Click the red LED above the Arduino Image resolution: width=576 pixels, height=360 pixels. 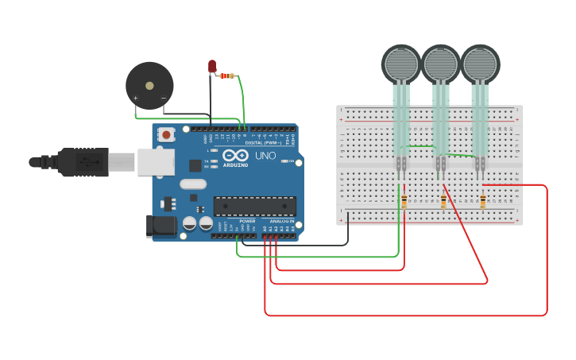pyautogui.click(x=212, y=67)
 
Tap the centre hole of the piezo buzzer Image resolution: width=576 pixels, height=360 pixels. pyautogui.click(x=149, y=84)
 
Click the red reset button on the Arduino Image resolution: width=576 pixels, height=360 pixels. pyautogui.click(x=166, y=135)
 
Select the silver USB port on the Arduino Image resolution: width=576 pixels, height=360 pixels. pyautogui.click(x=155, y=162)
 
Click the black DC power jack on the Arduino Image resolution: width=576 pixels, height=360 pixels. pyautogui.click(x=161, y=226)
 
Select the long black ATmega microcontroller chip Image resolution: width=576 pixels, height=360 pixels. pyautogui.click(x=254, y=207)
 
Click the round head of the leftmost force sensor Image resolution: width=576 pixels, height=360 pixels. pyautogui.click(x=401, y=64)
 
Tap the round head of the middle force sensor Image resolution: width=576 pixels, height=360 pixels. pyautogui.click(x=440, y=64)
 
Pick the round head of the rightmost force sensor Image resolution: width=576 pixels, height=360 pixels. pyautogui.click(x=480, y=64)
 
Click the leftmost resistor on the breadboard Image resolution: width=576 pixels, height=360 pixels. pyautogui.click(x=404, y=202)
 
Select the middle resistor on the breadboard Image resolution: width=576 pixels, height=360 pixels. pyautogui.click(x=443, y=202)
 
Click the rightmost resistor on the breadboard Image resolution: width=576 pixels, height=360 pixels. pyautogui.click(x=482, y=202)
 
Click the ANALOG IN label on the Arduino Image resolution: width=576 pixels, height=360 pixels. pyautogui.click(x=279, y=221)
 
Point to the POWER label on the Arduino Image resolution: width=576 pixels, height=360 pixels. pyautogui.click(x=247, y=221)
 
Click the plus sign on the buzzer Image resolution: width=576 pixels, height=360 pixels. pyautogui.click(x=135, y=99)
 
